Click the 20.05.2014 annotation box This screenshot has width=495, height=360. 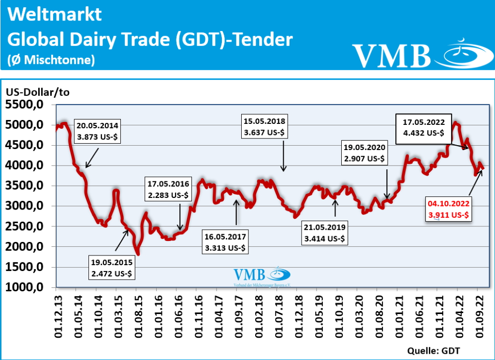click(97, 131)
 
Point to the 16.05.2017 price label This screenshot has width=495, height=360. click(225, 243)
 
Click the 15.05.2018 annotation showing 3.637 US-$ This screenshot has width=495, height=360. click(265, 126)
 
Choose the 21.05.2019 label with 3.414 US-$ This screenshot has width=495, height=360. click(325, 232)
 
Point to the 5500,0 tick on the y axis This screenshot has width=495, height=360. click(28, 105)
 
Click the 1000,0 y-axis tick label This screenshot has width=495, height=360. click(28, 287)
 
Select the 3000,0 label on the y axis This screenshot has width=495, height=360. click(28, 206)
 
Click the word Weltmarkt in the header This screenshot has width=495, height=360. click(55, 15)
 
